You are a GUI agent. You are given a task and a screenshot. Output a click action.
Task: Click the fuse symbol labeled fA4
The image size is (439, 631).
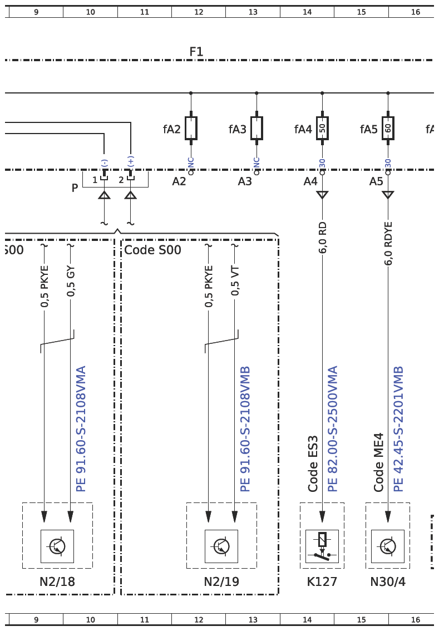[322, 129]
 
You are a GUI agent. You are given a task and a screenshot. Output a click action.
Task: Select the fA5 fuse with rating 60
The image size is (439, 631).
[388, 129]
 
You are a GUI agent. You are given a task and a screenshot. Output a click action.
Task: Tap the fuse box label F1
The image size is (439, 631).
[196, 52]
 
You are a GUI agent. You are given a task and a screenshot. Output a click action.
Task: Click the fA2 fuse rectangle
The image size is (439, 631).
[191, 129]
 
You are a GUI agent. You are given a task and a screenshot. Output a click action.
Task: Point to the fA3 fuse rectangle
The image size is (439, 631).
[257, 129]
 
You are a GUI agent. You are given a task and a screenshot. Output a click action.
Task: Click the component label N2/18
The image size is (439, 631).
[57, 581]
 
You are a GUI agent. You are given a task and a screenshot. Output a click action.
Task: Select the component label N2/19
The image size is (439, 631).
[221, 581]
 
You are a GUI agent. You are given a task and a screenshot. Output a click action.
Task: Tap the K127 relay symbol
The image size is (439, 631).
[322, 546]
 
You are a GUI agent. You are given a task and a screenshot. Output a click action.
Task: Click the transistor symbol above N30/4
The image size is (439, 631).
[388, 546]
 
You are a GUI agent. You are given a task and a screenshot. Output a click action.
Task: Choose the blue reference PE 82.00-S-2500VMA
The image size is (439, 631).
[332, 429]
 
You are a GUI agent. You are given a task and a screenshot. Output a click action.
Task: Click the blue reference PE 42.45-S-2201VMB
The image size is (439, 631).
[398, 429]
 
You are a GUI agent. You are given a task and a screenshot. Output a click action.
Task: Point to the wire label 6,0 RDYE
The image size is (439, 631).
[388, 244]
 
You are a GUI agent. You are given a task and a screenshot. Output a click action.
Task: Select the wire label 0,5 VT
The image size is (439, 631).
[235, 281]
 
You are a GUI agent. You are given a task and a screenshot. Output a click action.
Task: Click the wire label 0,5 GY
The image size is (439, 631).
[71, 281]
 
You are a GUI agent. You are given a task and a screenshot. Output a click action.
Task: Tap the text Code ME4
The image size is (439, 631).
[379, 462]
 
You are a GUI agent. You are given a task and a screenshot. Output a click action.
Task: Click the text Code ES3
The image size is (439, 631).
[313, 464]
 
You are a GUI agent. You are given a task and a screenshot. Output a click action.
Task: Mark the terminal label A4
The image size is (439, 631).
[310, 181]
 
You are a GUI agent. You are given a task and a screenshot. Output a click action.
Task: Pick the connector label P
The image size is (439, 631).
[75, 188]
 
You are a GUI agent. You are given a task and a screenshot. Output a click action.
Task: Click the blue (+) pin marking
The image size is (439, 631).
[130, 161]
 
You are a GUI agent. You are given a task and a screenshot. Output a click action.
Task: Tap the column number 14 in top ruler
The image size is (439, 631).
[307, 12]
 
